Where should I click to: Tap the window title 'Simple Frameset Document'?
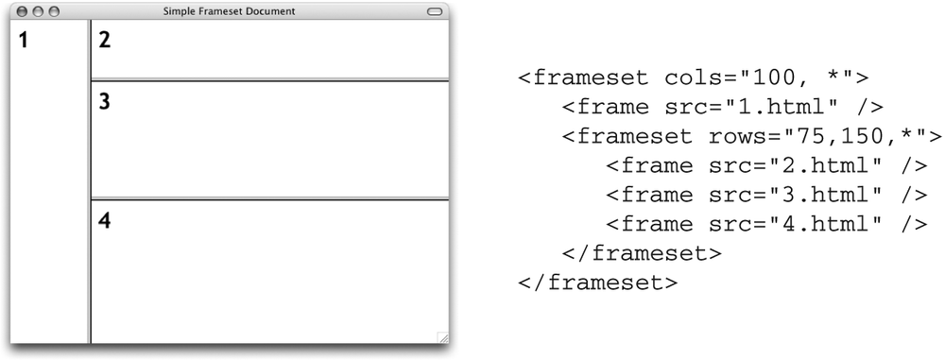[229, 11]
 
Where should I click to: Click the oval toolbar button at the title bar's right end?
[435, 11]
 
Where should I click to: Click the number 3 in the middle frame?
[105, 102]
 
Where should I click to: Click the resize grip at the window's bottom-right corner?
[442, 336]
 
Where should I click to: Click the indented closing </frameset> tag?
[642, 253]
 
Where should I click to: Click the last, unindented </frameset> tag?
[597, 283]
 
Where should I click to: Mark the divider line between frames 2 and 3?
[269, 79]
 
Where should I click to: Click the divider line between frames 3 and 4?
[269, 198]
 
